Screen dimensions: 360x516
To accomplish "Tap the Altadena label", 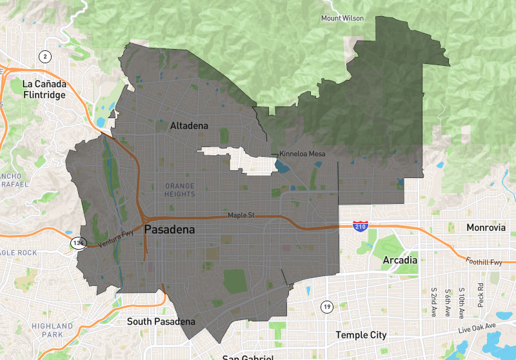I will pos(189,126).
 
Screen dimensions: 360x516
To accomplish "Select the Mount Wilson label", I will pos(342,18).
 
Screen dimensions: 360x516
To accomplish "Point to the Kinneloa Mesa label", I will pos(302,154).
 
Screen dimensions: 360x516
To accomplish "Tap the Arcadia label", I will pos(400,260).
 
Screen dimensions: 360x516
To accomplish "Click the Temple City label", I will pos(361,335).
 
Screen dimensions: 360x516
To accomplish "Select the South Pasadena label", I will pos(161,321).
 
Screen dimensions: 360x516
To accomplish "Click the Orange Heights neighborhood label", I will pos(179,190).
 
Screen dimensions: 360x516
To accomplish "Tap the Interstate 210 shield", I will pos(361,226).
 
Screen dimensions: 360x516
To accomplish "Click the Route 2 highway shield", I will pos(45,56).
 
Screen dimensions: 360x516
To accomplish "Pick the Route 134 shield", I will pos(79,243).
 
